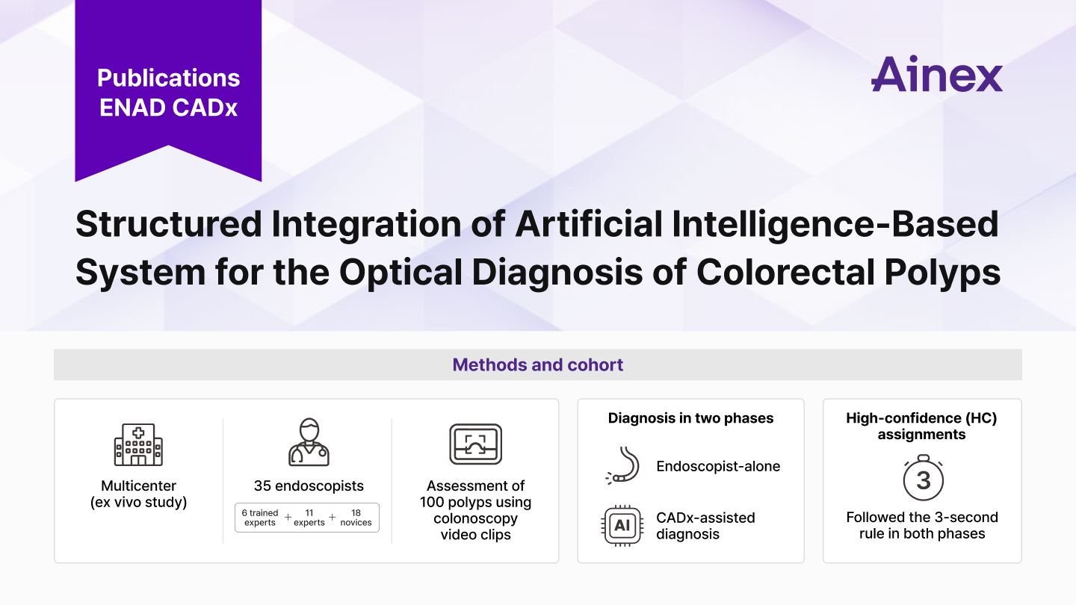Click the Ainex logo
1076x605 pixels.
click(x=937, y=74)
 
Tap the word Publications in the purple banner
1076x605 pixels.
click(x=169, y=78)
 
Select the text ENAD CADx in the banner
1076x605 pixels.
click(x=169, y=108)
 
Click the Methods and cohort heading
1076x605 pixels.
click(x=537, y=365)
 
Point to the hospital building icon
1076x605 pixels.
click(x=138, y=444)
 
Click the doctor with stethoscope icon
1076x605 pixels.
click(x=309, y=442)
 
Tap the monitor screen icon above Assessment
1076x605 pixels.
click(x=475, y=444)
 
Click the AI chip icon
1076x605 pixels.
click(x=622, y=526)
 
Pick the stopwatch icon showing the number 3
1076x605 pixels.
click(x=924, y=478)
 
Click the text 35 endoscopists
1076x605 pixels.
click(x=309, y=486)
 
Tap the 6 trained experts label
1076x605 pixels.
click(x=260, y=518)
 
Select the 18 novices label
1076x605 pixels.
click(x=356, y=518)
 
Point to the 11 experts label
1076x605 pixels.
click(x=309, y=518)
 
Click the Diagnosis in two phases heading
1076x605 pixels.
click(x=690, y=418)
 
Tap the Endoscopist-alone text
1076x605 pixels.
click(x=718, y=466)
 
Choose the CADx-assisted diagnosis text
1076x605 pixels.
click(x=705, y=526)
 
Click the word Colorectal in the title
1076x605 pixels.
click(x=785, y=272)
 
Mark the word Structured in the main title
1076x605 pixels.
click(x=169, y=224)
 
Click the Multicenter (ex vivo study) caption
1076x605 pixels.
click(x=138, y=494)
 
